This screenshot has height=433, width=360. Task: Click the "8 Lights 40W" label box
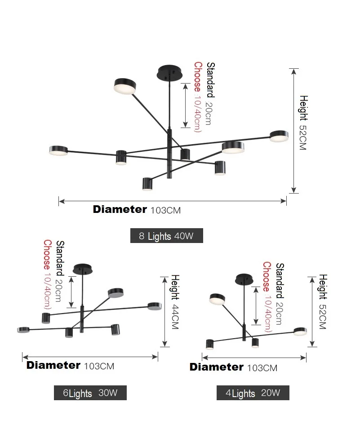[166, 236]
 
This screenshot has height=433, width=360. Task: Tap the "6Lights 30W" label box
[90, 393]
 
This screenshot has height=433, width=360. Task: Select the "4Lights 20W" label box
[253, 393]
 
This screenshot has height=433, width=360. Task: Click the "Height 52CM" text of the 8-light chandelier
[303, 122]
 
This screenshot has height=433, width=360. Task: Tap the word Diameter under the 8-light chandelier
[120, 209]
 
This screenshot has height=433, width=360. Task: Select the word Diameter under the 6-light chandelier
[53, 365]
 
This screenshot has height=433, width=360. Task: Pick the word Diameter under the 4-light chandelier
[216, 367]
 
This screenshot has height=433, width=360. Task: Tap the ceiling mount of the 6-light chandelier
[83, 269]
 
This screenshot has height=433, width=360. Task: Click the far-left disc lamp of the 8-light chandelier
[58, 150]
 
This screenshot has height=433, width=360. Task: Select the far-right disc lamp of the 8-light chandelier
[279, 135]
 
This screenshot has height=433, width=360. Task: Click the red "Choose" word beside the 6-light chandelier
[47, 254]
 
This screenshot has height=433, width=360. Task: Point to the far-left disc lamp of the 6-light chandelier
[23, 330]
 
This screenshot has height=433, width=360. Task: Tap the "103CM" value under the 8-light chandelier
[165, 210]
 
